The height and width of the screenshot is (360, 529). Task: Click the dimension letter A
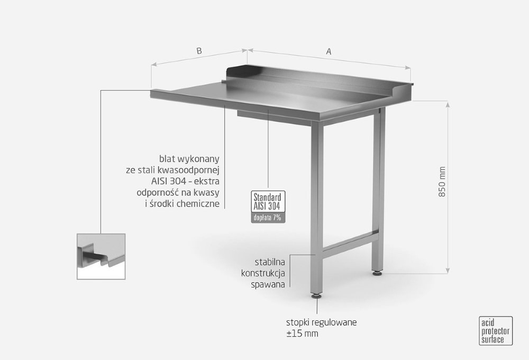point(329,51)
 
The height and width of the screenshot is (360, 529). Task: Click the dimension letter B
point(199,51)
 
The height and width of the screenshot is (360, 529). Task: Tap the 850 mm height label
point(443,183)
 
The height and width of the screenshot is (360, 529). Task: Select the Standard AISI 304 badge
point(268,203)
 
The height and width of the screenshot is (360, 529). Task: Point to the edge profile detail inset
point(102,256)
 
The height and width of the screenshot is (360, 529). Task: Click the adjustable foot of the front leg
point(316,296)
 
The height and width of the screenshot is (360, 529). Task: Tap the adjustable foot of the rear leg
point(378,273)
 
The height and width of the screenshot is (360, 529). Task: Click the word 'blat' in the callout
point(167,158)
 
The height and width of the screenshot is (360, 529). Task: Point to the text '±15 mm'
point(302,334)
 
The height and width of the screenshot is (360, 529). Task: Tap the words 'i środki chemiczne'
point(182,204)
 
